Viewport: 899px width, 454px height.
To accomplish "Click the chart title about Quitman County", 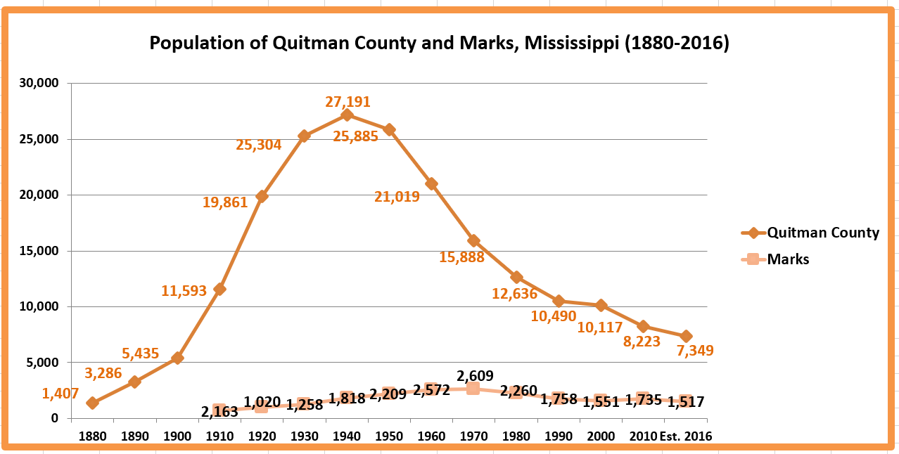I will pyautogui.click(x=439, y=44).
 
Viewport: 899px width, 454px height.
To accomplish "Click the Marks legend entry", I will pyautogui.click(x=788, y=259).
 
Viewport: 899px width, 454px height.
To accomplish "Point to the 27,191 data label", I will pyautogui.click(x=348, y=102).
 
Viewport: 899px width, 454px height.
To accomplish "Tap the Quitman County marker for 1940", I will pyautogui.click(x=347, y=115).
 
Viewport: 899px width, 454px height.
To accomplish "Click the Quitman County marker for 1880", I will pyautogui.click(x=93, y=403).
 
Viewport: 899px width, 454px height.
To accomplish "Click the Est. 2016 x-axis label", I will pyautogui.click(x=686, y=436).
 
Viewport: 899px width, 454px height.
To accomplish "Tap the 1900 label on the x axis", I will pyautogui.click(x=177, y=436).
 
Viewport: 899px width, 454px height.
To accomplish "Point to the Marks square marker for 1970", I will pyautogui.click(x=473, y=389).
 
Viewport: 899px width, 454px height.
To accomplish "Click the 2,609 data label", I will pyautogui.click(x=476, y=376).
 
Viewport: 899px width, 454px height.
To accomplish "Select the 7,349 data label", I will pyautogui.click(x=691, y=350).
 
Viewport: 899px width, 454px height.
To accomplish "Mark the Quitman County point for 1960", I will pyautogui.click(x=431, y=183).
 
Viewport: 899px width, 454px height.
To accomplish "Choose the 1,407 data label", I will pyautogui.click(x=60, y=394).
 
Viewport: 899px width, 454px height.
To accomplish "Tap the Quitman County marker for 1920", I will pyautogui.click(x=262, y=196).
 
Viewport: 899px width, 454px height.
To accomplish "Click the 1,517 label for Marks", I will pyautogui.click(x=685, y=402).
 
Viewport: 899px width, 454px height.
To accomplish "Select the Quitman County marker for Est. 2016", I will pyautogui.click(x=686, y=336).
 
